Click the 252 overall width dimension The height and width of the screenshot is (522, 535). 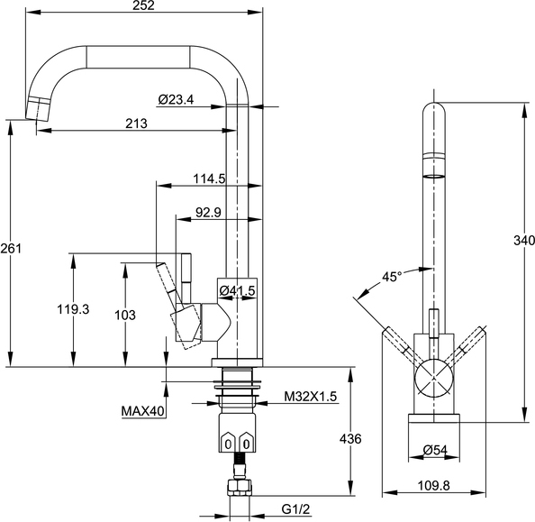(143, 5)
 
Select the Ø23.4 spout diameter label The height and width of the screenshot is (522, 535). (176, 99)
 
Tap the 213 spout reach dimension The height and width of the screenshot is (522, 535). (137, 124)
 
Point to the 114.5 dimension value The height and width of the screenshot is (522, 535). (209, 179)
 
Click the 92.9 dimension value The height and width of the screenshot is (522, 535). (208, 213)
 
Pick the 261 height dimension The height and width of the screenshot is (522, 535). (11, 248)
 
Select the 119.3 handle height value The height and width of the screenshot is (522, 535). (73, 309)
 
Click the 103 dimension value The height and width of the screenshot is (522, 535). (125, 315)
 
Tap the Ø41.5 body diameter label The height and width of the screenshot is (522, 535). (237, 290)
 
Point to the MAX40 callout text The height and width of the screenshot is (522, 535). (143, 411)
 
